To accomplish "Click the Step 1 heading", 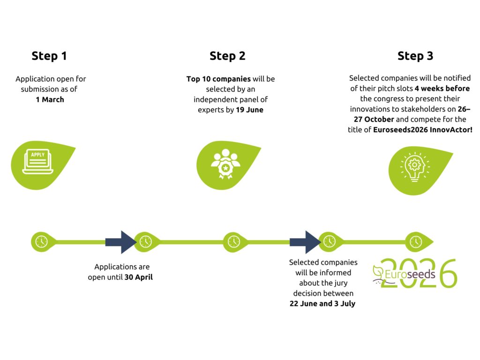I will pyautogui.click(x=49, y=56).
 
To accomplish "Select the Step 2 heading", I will pyautogui.click(x=227, y=56).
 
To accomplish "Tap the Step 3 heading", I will pyautogui.click(x=415, y=56).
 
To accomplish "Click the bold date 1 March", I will pyautogui.click(x=50, y=99).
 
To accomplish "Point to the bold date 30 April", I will pyautogui.click(x=139, y=277).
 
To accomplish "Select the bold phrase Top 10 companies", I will pyautogui.click(x=218, y=79).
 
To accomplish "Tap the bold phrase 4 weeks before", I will pyautogui.click(x=442, y=88).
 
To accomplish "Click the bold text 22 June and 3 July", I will pyautogui.click(x=322, y=303).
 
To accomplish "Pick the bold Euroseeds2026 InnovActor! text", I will pyautogui.click(x=423, y=129).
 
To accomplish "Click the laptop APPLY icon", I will pyautogui.click(x=37, y=161).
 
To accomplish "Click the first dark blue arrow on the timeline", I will pyautogui.click(x=120, y=242).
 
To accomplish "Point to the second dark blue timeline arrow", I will pyautogui.click(x=305, y=242).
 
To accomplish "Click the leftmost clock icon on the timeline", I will pyautogui.click(x=41, y=241).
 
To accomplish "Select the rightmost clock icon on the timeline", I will pyautogui.click(x=415, y=241).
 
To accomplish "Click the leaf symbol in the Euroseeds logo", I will pyautogui.click(x=378, y=271).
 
